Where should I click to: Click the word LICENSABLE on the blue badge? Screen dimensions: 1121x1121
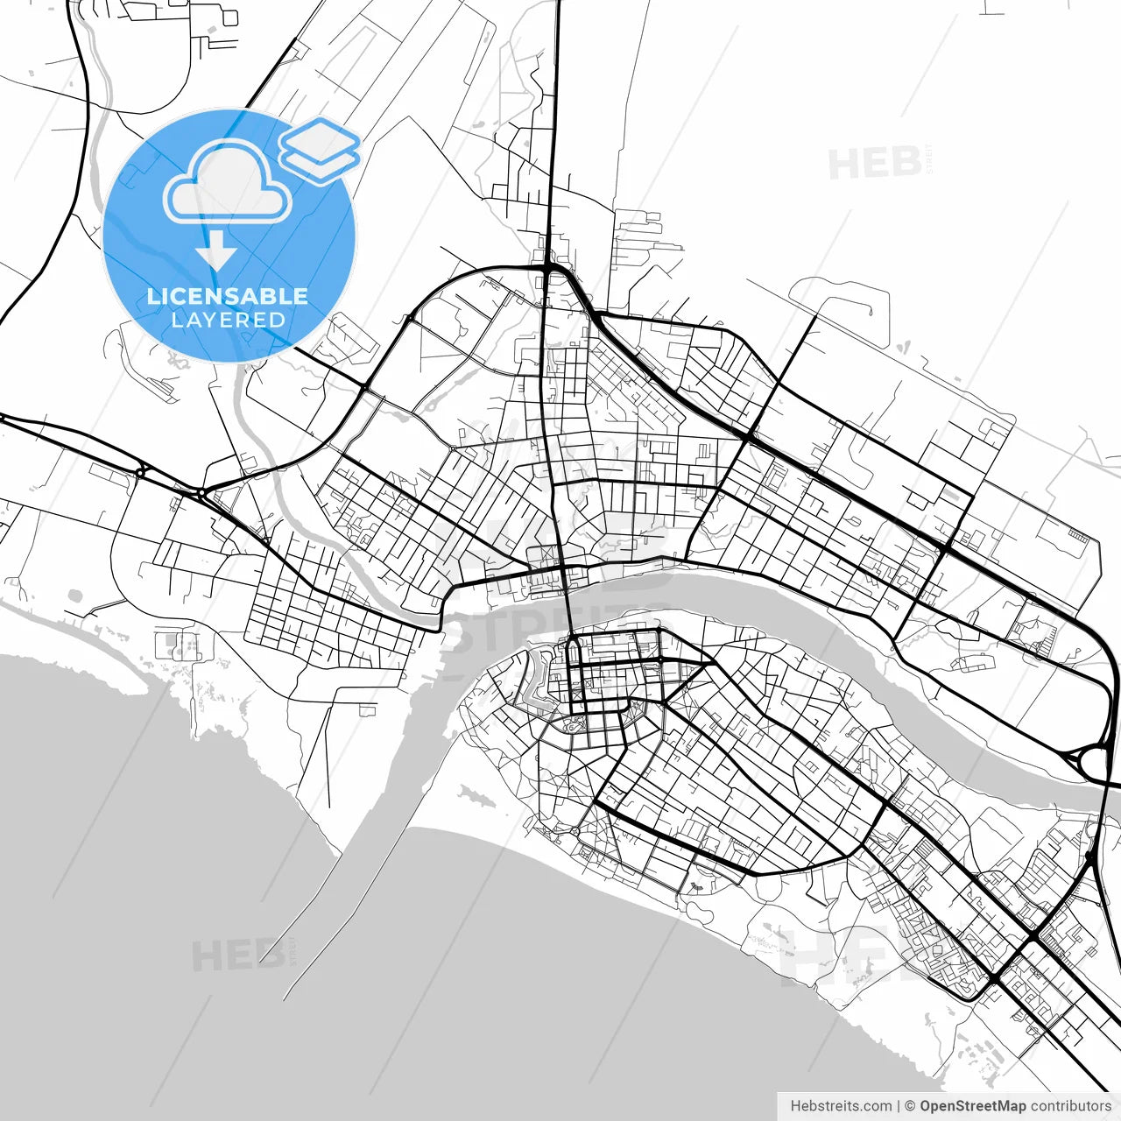tap(228, 296)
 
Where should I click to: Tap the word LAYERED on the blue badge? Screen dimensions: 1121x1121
tap(228, 320)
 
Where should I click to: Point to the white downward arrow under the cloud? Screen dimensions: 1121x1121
tap(215, 254)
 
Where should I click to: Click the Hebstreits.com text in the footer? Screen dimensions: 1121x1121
tap(841, 1106)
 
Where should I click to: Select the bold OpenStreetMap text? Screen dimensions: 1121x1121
tap(972, 1106)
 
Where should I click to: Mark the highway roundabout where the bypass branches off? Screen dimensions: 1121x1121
tap(202, 494)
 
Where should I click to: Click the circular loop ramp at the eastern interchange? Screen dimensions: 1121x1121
tap(1096, 759)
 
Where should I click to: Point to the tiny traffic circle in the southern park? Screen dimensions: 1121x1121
tap(574, 829)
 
